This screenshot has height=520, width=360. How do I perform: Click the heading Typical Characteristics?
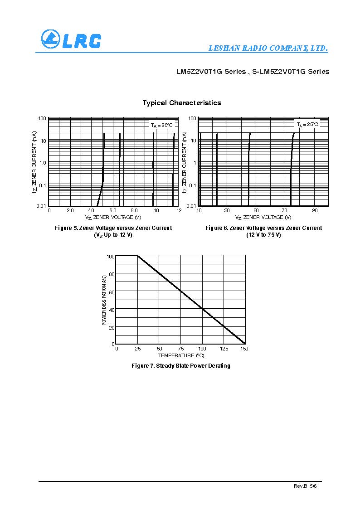click(x=182, y=103)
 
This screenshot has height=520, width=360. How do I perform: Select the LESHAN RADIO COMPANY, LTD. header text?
click(x=268, y=49)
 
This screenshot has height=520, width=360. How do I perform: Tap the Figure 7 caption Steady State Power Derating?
click(x=180, y=366)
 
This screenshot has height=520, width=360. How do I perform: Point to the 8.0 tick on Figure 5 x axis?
click(x=134, y=210)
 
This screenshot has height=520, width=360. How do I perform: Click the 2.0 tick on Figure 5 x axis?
click(x=70, y=210)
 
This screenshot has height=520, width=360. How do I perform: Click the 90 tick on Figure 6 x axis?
click(x=314, y=210)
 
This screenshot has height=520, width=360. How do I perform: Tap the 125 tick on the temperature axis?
click(x=224, y=349)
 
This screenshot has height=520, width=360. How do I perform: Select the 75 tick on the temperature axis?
click(x=180, y=349)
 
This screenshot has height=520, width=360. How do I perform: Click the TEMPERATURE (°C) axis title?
click(x=181, y=355)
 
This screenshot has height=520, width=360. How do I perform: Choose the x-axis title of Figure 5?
click(x=113, y=217)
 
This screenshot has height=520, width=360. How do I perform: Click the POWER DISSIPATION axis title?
click(x=104, y=300)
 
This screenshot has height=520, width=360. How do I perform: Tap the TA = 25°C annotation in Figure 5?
click(x=161, y=125)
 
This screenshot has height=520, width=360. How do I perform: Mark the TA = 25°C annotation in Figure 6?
click(x=308, y=124)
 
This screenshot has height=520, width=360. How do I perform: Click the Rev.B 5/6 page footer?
click(x=305, y=486)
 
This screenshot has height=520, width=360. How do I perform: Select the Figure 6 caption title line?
click(x=263, y=228)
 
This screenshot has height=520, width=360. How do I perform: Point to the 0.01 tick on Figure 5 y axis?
click(x=41, y=206)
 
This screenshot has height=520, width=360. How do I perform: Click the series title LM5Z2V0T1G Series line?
click(x=253, y=72)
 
